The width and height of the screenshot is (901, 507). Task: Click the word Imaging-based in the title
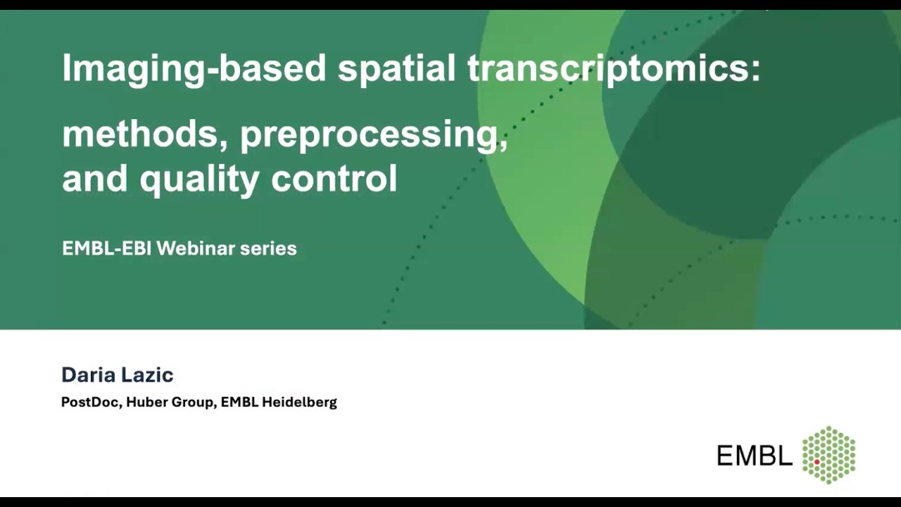pos(194,68)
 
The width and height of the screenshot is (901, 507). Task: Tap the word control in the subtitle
pos(334,177)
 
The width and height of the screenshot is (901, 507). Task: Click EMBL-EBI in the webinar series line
pos(106,249)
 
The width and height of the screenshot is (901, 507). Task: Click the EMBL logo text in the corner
pos(754,456)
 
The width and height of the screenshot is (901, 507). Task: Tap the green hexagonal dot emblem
pos(829,454)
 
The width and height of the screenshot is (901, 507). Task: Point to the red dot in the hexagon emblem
pos(817,461)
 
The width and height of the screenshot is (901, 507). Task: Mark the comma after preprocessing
pos(503,144)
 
